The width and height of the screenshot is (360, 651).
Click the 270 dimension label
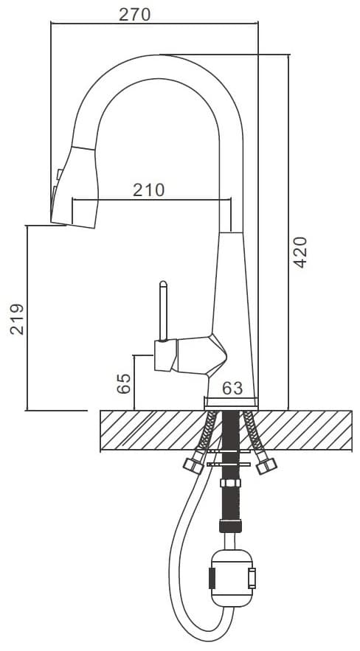pos(134,14)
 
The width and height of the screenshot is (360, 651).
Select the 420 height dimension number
pos(300,252)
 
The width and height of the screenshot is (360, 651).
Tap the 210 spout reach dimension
pos(149,189)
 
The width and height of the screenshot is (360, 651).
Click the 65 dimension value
pos(124,383)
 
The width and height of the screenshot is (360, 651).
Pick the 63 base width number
pos(232,389)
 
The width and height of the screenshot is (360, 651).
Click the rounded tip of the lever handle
pos(163,285)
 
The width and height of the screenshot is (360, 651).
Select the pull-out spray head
pos(75,187)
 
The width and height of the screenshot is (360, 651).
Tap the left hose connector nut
pos(193,466)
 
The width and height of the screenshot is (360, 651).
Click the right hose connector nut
pos(266,466)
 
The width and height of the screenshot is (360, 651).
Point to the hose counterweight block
pos(232,578)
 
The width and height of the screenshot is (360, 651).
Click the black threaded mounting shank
pos(230,465)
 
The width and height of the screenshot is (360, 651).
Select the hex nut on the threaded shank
pos(230,483)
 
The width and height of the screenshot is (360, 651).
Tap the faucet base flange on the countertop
pos(231,402)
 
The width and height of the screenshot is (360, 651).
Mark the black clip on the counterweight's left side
pos(212,578)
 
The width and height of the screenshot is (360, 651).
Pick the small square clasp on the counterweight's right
pos(252,578)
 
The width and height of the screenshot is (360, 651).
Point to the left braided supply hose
pos(207,434)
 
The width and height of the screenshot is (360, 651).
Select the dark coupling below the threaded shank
pos(230,526)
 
